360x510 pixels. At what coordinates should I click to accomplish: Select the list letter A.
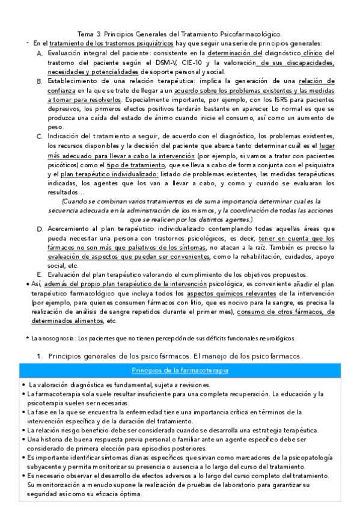(39, 54)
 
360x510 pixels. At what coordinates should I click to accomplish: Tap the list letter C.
(39, 137)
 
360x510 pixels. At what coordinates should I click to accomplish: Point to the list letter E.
(39, 274)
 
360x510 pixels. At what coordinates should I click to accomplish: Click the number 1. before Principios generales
(40, 357)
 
